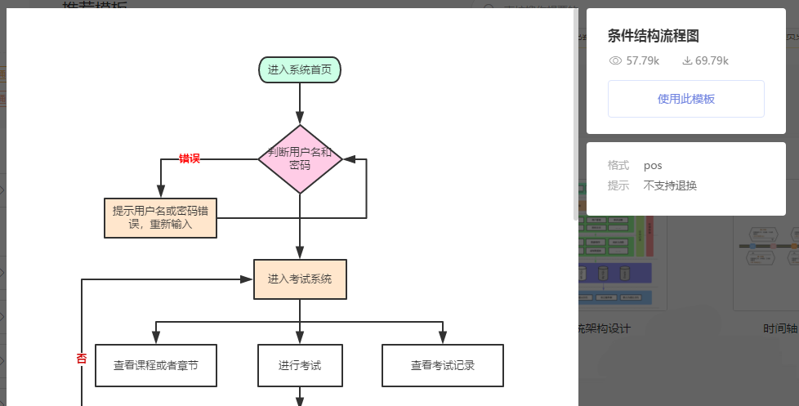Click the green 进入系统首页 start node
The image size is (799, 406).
pos(299,69)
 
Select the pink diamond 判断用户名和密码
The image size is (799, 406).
pos(300,159)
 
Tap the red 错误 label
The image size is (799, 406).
pos(190,158)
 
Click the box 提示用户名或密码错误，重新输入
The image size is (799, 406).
pos(161,217)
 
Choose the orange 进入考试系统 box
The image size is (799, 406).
pos(300,279)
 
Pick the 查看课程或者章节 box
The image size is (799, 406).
pos(156,365)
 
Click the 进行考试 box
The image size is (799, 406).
pos(300,365)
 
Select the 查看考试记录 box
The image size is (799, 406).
pos(443,365)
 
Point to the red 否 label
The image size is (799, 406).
pos(82,358)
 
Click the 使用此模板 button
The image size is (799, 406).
pos(685,99)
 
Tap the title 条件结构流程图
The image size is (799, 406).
pos(653,36)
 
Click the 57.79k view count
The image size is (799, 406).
pos(643,60)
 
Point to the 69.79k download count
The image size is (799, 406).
pos(712,60)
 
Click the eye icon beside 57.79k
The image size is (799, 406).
pos(616,60)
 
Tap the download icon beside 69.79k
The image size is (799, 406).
pos(687,60)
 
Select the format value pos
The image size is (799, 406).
pos(653,165)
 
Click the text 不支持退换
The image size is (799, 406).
pos(670,185)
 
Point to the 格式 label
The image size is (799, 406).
pos(618,165)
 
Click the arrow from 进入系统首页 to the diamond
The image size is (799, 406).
pos(300,103)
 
